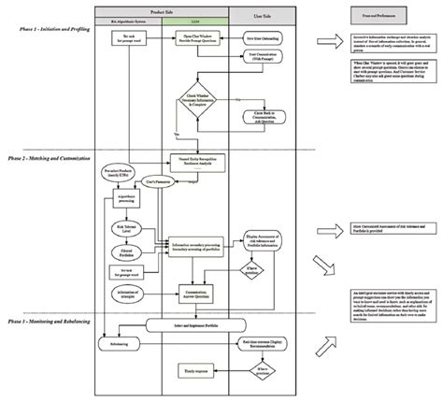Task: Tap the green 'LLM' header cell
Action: click(194, 19)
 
